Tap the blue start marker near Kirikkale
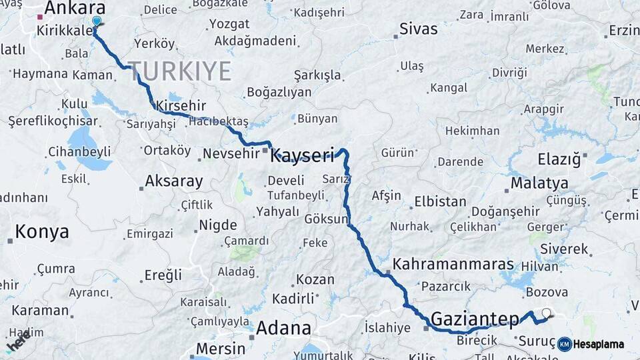click(97, 21)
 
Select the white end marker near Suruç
click(547, 313)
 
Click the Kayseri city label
click(302, 156)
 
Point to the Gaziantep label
click(475, 319)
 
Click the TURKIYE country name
click(179, 71)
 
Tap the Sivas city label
click(419, 29)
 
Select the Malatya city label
click(539, 183)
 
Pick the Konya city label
click(41, 232)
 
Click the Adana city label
click(283, 328)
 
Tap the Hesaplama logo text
click(599, 344)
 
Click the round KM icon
click(565, 344)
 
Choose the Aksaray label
click(173, 181)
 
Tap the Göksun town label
click(326, 219)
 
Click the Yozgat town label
click(229, 24)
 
